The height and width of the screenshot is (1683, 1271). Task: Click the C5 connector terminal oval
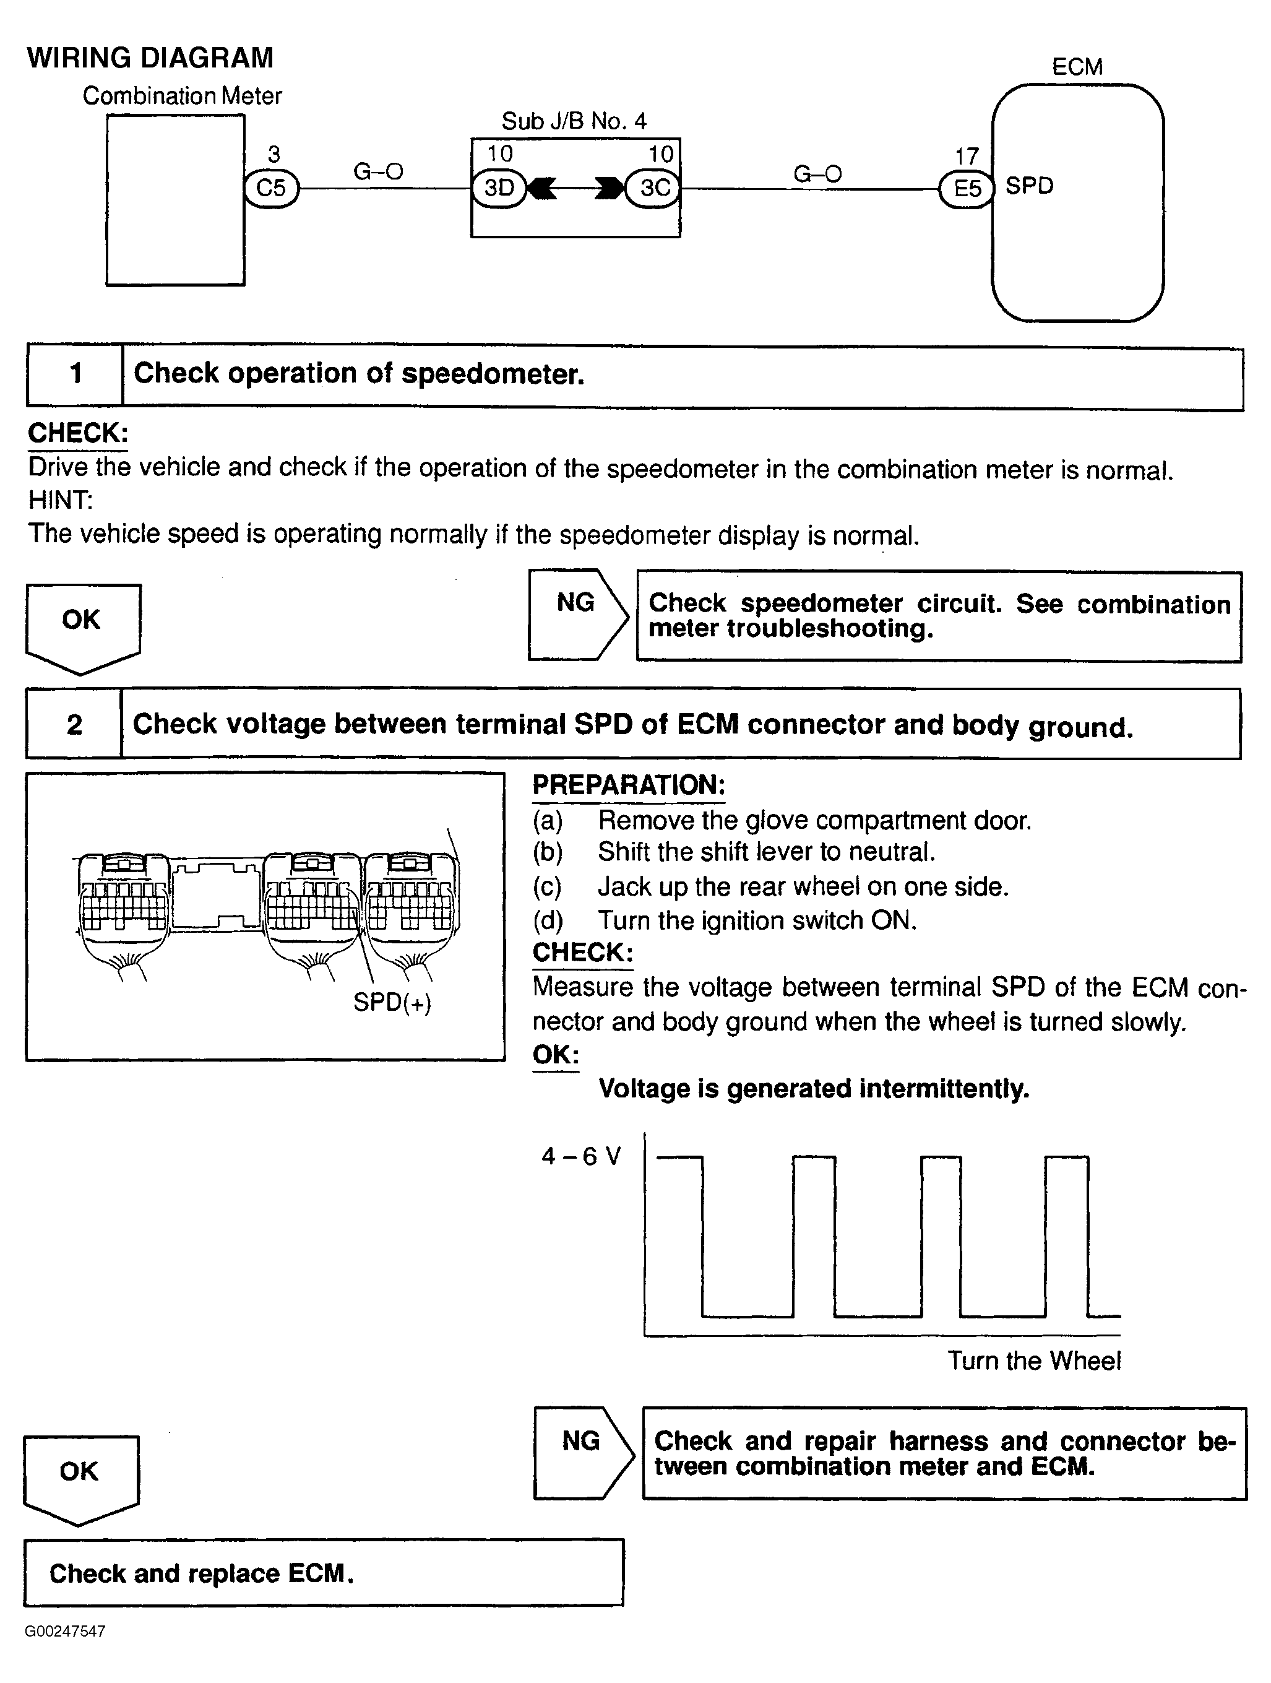[272, 187]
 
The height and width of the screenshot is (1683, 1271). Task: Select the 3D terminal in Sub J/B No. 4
[499, 187]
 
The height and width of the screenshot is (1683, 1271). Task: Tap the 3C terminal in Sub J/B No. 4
[654, 187]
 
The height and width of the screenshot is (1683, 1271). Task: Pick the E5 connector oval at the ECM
[967, 188]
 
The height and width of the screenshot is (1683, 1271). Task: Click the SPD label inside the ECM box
[1029, 186]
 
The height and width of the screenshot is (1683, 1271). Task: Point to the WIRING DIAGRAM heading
[150, 58]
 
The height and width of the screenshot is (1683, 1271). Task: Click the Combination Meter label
[183, 96]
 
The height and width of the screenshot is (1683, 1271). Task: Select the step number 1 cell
[75, 374]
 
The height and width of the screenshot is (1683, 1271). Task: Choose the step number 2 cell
[74, 724]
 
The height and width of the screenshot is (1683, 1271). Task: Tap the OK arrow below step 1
[82, 624]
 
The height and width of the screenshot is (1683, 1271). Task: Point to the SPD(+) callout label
[392, 1002]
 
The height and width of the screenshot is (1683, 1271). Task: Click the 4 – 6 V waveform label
[581, 1156]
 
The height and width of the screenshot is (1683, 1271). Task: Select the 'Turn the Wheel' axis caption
[1033, 1361]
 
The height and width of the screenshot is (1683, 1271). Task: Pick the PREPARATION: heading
[628, 785]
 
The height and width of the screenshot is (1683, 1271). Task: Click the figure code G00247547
[64, 1631]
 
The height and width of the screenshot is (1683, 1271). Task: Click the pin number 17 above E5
[966, 157]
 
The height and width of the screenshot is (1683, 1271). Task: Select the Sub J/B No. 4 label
[574, 121]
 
